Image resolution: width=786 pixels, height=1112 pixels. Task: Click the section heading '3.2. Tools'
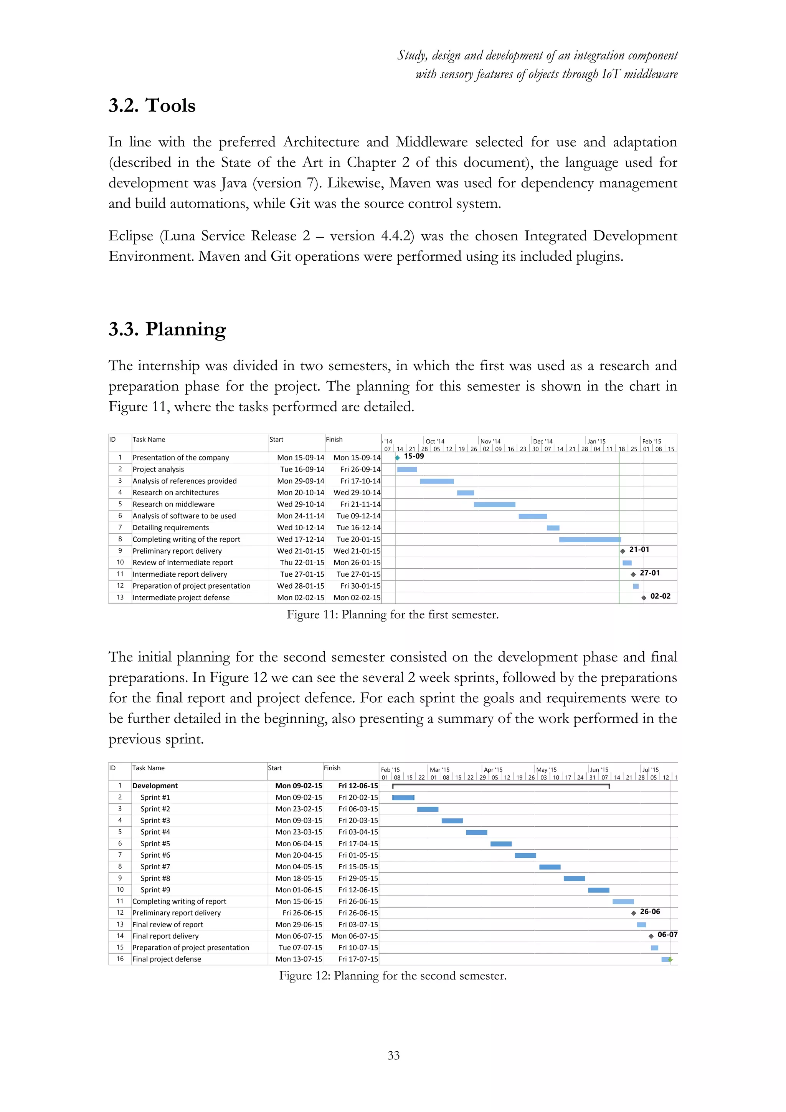tap(152, 106)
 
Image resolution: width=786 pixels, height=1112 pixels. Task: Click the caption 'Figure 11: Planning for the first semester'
tap(393, 615)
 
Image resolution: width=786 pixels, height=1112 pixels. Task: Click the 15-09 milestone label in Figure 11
tap(414, 456)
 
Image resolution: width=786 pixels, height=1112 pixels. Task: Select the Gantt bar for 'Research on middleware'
tap(494, 505)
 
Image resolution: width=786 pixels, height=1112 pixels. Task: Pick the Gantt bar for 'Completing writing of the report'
tap(589, 539)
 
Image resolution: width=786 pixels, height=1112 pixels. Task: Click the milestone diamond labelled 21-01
tap(623, 551)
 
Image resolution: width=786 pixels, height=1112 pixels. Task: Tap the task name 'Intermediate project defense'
tap(181, 597)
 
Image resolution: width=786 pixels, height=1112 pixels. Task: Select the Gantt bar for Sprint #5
tap(501, 844)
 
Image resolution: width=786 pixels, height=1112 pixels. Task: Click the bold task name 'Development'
tap(155, 786)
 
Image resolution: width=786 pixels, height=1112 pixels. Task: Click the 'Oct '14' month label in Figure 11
tap(434, 441)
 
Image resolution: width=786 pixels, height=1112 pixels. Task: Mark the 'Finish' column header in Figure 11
tap(334, 439)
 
